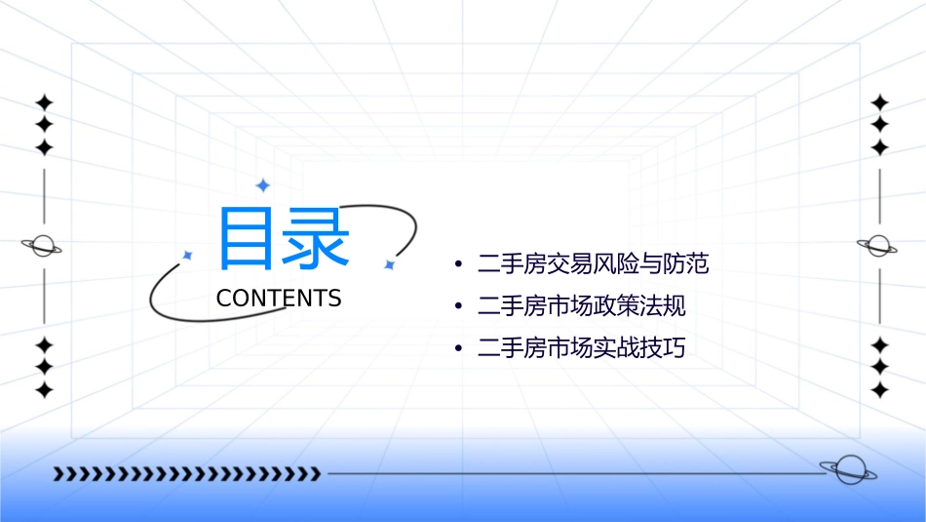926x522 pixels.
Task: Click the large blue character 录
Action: [317, 238]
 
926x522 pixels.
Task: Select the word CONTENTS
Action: [279, 299]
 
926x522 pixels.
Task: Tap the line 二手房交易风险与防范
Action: [593, 263]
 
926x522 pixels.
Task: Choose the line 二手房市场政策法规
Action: [582, 306]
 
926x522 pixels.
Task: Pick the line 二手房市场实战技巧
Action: [582, 348]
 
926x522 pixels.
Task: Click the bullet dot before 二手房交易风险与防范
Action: [458, 264]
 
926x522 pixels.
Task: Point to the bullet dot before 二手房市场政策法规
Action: [458, 307]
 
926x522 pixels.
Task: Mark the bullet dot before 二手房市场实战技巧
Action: [458, 349]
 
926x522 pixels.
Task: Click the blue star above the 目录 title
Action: [262, 185]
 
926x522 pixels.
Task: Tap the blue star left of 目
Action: [187, 256]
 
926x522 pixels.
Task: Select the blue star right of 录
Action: [388, 264]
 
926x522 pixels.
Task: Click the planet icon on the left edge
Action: [42, 246]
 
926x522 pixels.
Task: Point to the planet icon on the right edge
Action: [878, 246]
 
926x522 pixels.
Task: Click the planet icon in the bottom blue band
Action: [846, 470]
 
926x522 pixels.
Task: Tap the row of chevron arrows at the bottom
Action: [187, 474]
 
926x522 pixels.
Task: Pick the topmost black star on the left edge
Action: [43, 101]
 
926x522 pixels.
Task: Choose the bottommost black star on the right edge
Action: [880, 390]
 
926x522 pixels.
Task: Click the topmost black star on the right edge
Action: [880, 101]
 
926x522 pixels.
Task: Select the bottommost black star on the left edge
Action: [43, 390]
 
